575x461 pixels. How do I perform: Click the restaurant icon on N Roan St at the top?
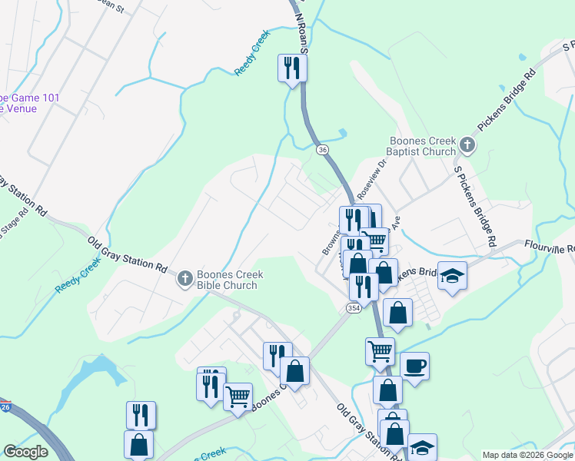(x=292, y=68)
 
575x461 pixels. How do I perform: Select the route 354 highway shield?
(x=353, y=307)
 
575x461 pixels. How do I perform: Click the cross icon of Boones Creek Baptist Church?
(x=467, y=144)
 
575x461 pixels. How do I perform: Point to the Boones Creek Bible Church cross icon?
(x=184, y=280)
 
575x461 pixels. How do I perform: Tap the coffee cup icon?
(x=415, y=366)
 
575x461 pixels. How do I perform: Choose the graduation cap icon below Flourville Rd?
(x=453, y=276)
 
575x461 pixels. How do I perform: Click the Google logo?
(x=25, y=453)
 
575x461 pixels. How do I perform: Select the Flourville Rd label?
(x=550, y=247)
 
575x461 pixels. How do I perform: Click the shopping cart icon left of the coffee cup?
(x=380, y=351)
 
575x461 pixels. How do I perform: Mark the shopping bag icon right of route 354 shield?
(x=397, y=312)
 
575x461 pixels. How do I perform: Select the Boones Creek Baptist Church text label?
(x=423, y=146)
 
